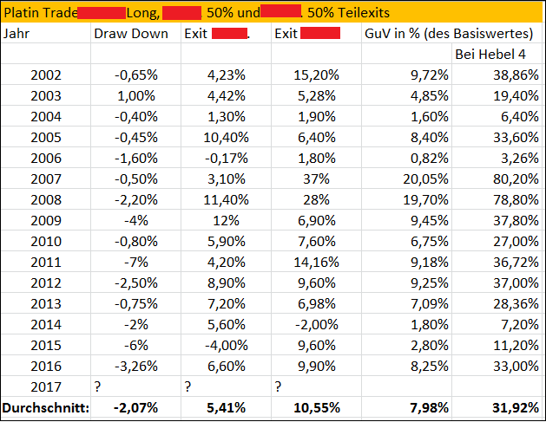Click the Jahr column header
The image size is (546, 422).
click(x=16, y=35)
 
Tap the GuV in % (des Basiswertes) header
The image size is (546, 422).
click(x=447, y=35)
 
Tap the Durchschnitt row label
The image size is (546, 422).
click(x=46, y=407)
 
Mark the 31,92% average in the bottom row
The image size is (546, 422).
click(x=513, y=407)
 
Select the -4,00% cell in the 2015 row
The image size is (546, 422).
click(x=224, y=345)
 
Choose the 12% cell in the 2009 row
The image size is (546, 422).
click(x=234, y=220)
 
